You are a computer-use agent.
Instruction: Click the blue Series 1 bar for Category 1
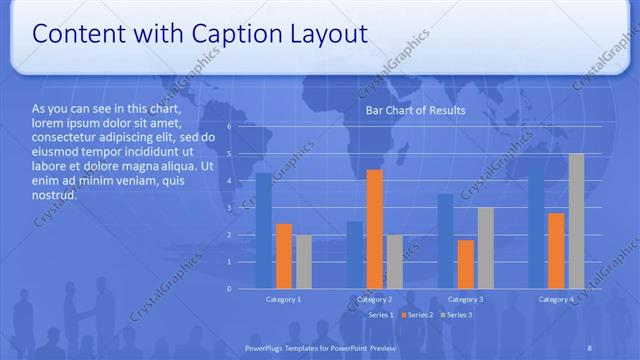point(263,231)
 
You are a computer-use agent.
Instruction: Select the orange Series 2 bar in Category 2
point(375,229)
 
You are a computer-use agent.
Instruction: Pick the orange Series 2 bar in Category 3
point(466,264)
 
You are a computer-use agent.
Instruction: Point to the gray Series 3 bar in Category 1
point(303,262)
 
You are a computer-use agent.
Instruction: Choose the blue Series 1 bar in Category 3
point(446,241)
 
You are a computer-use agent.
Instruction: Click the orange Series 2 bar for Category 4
point(556,251)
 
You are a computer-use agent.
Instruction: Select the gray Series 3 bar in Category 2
point(395,262)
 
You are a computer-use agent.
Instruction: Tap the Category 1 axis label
point(283,300)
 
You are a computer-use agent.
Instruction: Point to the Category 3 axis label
point(466,300)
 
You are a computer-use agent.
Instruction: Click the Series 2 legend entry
point(418,315)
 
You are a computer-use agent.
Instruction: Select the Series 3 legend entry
point(458,315)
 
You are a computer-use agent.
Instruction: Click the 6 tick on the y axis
point(229,127)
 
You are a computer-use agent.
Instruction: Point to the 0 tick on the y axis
point(229,289)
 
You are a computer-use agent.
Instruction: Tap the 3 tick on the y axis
point(229,208)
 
